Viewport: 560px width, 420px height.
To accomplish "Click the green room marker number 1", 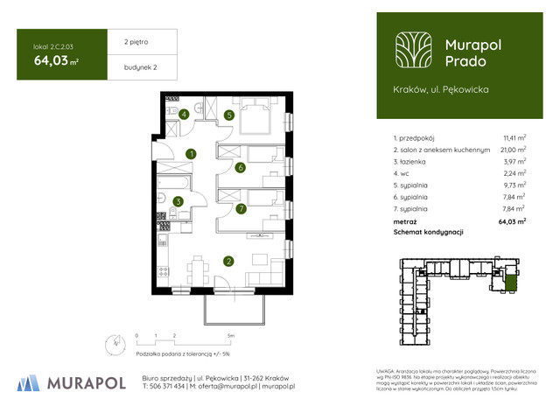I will [x=191, y=155].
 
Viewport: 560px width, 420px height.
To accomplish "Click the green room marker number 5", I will [x=229, y=115].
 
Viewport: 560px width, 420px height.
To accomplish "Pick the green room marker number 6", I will [x=240, y=168].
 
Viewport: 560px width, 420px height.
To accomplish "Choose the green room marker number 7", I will [x=241, y=209].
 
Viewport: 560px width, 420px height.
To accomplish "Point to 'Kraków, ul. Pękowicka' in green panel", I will [x=441, y=89].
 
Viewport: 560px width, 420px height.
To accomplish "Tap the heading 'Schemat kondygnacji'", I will [x=428, y=232].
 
